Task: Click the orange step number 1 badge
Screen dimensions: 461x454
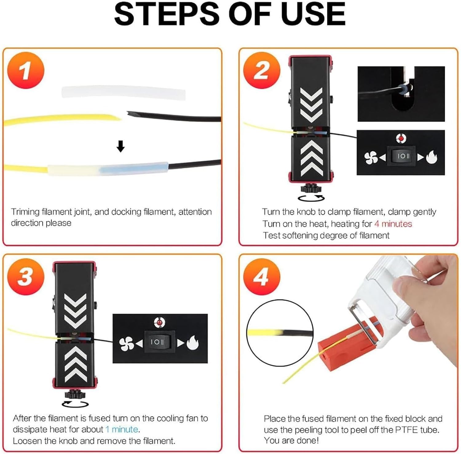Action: (x=26, y=70)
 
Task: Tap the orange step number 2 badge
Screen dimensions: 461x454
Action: (x=262, y=70)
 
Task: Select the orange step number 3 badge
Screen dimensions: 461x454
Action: (x=26, y=276)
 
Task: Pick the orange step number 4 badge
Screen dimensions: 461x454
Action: (x=262, y=276)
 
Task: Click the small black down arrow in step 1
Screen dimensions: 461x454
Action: (x=121, y=147)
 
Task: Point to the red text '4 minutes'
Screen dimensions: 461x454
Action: (x=393, y=224)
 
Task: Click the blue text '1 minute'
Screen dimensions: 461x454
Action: (x=122, y=429)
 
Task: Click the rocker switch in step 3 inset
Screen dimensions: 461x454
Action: (x=157, y=342)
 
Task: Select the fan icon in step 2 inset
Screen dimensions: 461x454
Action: (x=371, y=158)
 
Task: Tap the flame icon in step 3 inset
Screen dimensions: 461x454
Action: (x=193, y=342)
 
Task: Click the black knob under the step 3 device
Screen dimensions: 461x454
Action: (x=75, y=393)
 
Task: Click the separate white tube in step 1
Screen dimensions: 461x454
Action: (x=124, y=93)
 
